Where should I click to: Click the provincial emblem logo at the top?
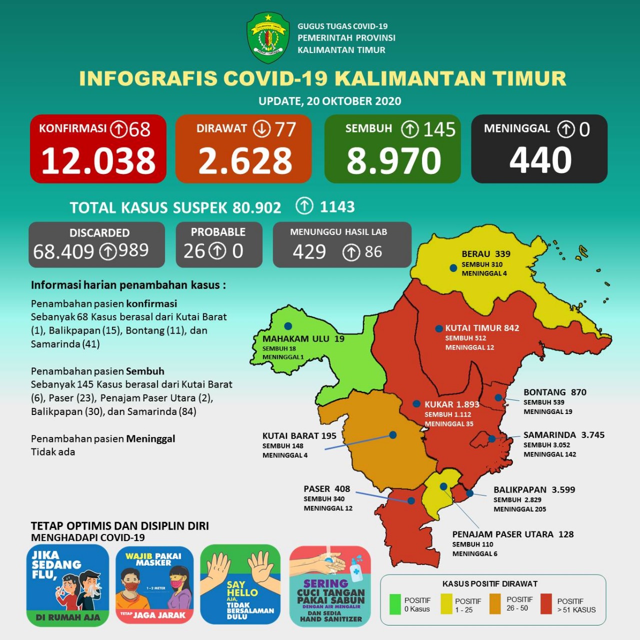[268, 38]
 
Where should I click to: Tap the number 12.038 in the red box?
[98, 161]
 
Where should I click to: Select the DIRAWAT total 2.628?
[245, 161]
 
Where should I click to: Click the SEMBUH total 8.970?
[393, 161]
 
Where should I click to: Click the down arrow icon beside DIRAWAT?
[261, 129]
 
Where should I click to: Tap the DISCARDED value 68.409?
[63, 251]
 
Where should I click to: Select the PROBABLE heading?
[218, 232]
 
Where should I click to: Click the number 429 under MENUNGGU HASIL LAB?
[309, 252]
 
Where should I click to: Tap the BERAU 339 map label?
[485, 254]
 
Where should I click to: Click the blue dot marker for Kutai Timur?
[438, 328]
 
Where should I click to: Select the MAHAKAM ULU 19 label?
[303, 338]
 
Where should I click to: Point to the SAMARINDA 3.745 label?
[563, 435]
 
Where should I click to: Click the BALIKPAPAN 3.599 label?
[534, 489]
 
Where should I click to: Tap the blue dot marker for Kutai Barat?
[393, 435]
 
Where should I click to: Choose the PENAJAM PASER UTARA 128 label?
[512, 534]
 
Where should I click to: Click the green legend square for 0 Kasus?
[395, 604]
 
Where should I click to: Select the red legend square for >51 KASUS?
[546, 604]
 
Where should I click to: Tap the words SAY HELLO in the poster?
[242, 588]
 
